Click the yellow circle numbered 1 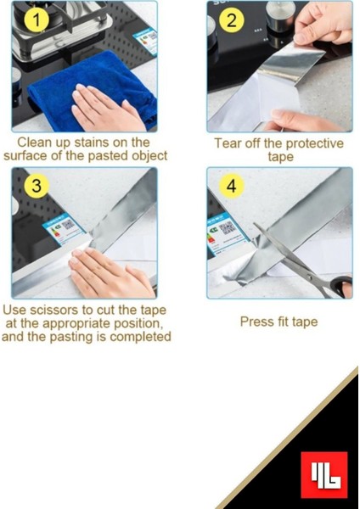[x=37, y=20]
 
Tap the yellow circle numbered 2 [x=231, y=20]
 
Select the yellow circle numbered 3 [x=37, y=186]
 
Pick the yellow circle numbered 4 [x=231, y=186]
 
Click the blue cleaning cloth [x=91, y=87]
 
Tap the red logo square [x=324, y=474]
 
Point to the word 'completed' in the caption [x=140, y=337]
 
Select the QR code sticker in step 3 [x=64, y=228]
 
